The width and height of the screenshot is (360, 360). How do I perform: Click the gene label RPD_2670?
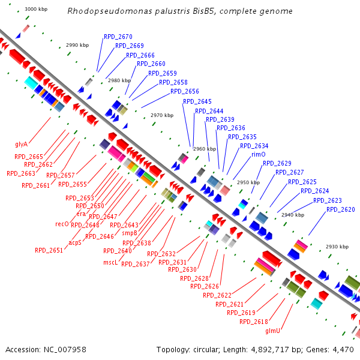[118, 37]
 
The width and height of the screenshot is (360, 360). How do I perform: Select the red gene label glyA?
[22, 144]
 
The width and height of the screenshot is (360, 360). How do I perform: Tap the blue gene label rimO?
[258, 154]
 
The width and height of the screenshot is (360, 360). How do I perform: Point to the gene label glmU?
[273, 330]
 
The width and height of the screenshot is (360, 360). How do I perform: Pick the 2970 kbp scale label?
[161, 115]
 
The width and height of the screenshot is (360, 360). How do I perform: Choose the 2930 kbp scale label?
[336, 247]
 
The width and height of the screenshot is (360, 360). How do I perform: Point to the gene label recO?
[62, 224]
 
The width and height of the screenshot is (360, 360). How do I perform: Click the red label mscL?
[110, 262]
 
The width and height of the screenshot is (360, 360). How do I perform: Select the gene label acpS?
[75, 243]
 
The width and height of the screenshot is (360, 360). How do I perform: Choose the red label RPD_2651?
[49, 250]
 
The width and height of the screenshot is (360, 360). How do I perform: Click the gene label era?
[81, 214]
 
